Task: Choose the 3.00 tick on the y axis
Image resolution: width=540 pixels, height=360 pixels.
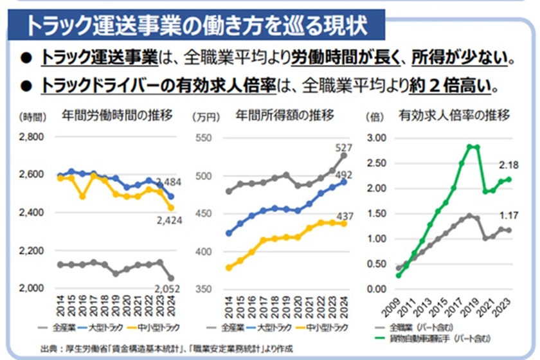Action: tap(376, 138)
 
